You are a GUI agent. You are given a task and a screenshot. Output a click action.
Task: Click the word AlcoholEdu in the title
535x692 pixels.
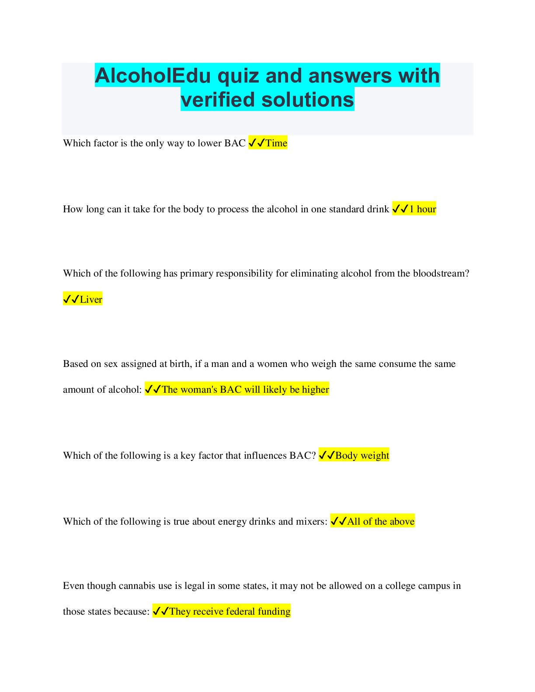tap(153, 76)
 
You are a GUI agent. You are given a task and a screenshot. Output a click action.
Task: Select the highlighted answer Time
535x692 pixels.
tap(276, 143)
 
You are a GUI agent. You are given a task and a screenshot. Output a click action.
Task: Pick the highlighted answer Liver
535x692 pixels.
tap(91, 299)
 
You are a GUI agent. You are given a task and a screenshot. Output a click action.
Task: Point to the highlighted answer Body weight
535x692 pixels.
tap(362, 455)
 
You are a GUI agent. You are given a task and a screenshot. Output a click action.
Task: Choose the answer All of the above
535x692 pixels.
tap(380, 521)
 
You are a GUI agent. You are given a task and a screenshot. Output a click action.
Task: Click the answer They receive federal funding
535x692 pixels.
tap(229, 611)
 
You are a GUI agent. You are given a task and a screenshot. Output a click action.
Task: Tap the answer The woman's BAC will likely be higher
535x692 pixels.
tap(245, 389)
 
